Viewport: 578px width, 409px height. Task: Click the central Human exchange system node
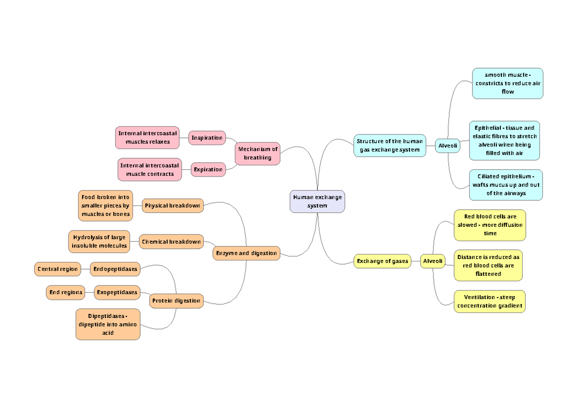317,201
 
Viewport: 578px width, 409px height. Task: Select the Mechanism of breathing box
258,153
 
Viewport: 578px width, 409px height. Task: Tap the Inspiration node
207,138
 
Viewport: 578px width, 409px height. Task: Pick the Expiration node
208,170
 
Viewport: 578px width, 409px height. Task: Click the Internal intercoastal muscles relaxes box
147,137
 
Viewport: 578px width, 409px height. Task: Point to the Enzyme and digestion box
247,253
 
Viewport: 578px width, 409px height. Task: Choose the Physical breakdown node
172,205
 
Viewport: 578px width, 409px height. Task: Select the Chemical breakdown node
171,242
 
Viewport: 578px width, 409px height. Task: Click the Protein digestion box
176,301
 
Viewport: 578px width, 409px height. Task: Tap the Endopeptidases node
115,269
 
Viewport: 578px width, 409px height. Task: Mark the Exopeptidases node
117,292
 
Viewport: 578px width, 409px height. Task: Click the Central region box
57,269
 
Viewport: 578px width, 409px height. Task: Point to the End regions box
66,292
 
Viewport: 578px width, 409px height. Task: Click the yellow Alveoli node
432,261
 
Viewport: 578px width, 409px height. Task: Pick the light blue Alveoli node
447,146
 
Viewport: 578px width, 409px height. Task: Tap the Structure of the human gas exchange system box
390,146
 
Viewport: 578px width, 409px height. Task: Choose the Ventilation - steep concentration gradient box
489,301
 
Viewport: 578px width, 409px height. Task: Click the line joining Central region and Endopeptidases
85,269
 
